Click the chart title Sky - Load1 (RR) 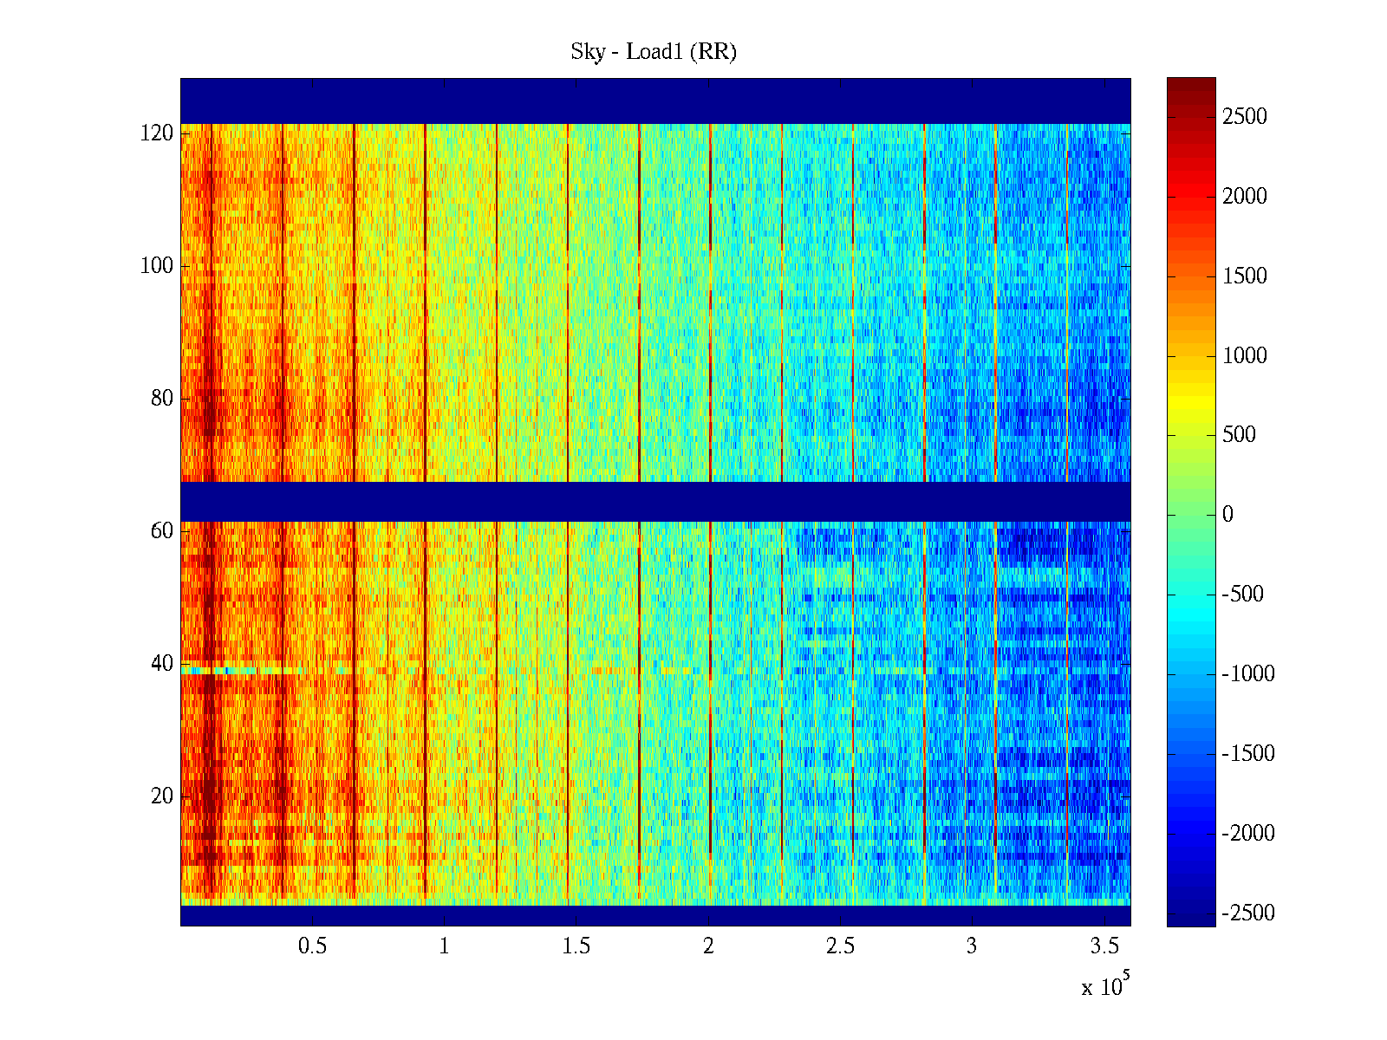pyautogui.click(x=654, y=52)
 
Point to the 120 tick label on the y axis pyautogui.click(x=157, y=133)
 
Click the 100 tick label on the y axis pyautogui.click(x=157, y=266)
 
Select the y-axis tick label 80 pyautogui.click(x=162, y=399)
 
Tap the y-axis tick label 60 pyautogui.click(x=162, y=531)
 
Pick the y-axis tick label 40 pyautogui.click(x=162, y=664)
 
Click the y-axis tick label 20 pyautogui.click(x=162, y=796)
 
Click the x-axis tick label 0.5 pyautogui.click(x=313, y=946)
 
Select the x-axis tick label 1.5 pyautogui.click(x=576, y=946)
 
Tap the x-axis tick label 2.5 pyautogui.click(x=840, y=946)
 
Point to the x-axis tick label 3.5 pyautogui.click(x=1104, y=946)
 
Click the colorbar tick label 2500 pyautogui.click(x=1244, y=117)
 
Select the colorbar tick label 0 pyautogui.click(x=1227, y=515)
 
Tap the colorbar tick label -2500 pyautogui.click(x=1248, y=913)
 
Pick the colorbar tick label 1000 pyautogui.click(x=1244, y=355)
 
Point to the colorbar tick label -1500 pyautogui.click(x=1248, y=753)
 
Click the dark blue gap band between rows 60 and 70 pyautogui.click(x=655, y=501)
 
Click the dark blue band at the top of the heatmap pyautogui.click(x=655, y=101)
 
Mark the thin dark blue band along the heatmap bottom pyautogui.click(x=655, y=915)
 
